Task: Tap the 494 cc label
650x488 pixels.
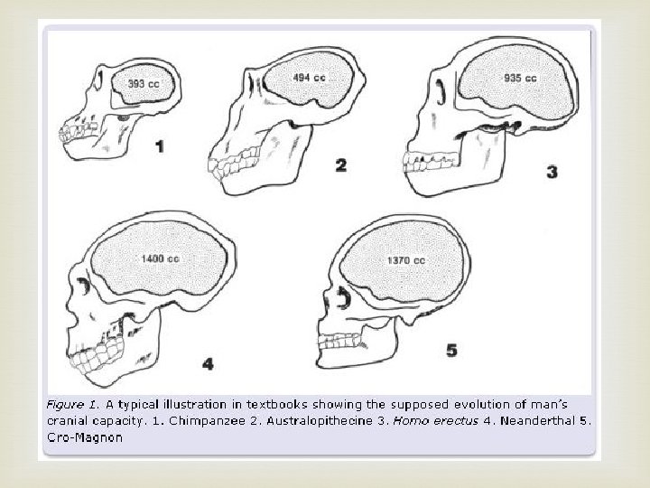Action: pyautogui.click(x=309, y=78)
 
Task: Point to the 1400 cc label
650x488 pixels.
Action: pyautogui.click(x=161, y=261)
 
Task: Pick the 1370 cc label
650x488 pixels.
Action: pyautogui.click(x=407, y=261)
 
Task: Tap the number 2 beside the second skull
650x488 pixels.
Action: pyautogui.click(x=340, y=164)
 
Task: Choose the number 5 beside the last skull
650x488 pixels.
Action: pyautogui.click(x=451, y=350)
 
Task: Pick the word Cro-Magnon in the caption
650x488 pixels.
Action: pyautogui.click(x=83, y=437)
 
